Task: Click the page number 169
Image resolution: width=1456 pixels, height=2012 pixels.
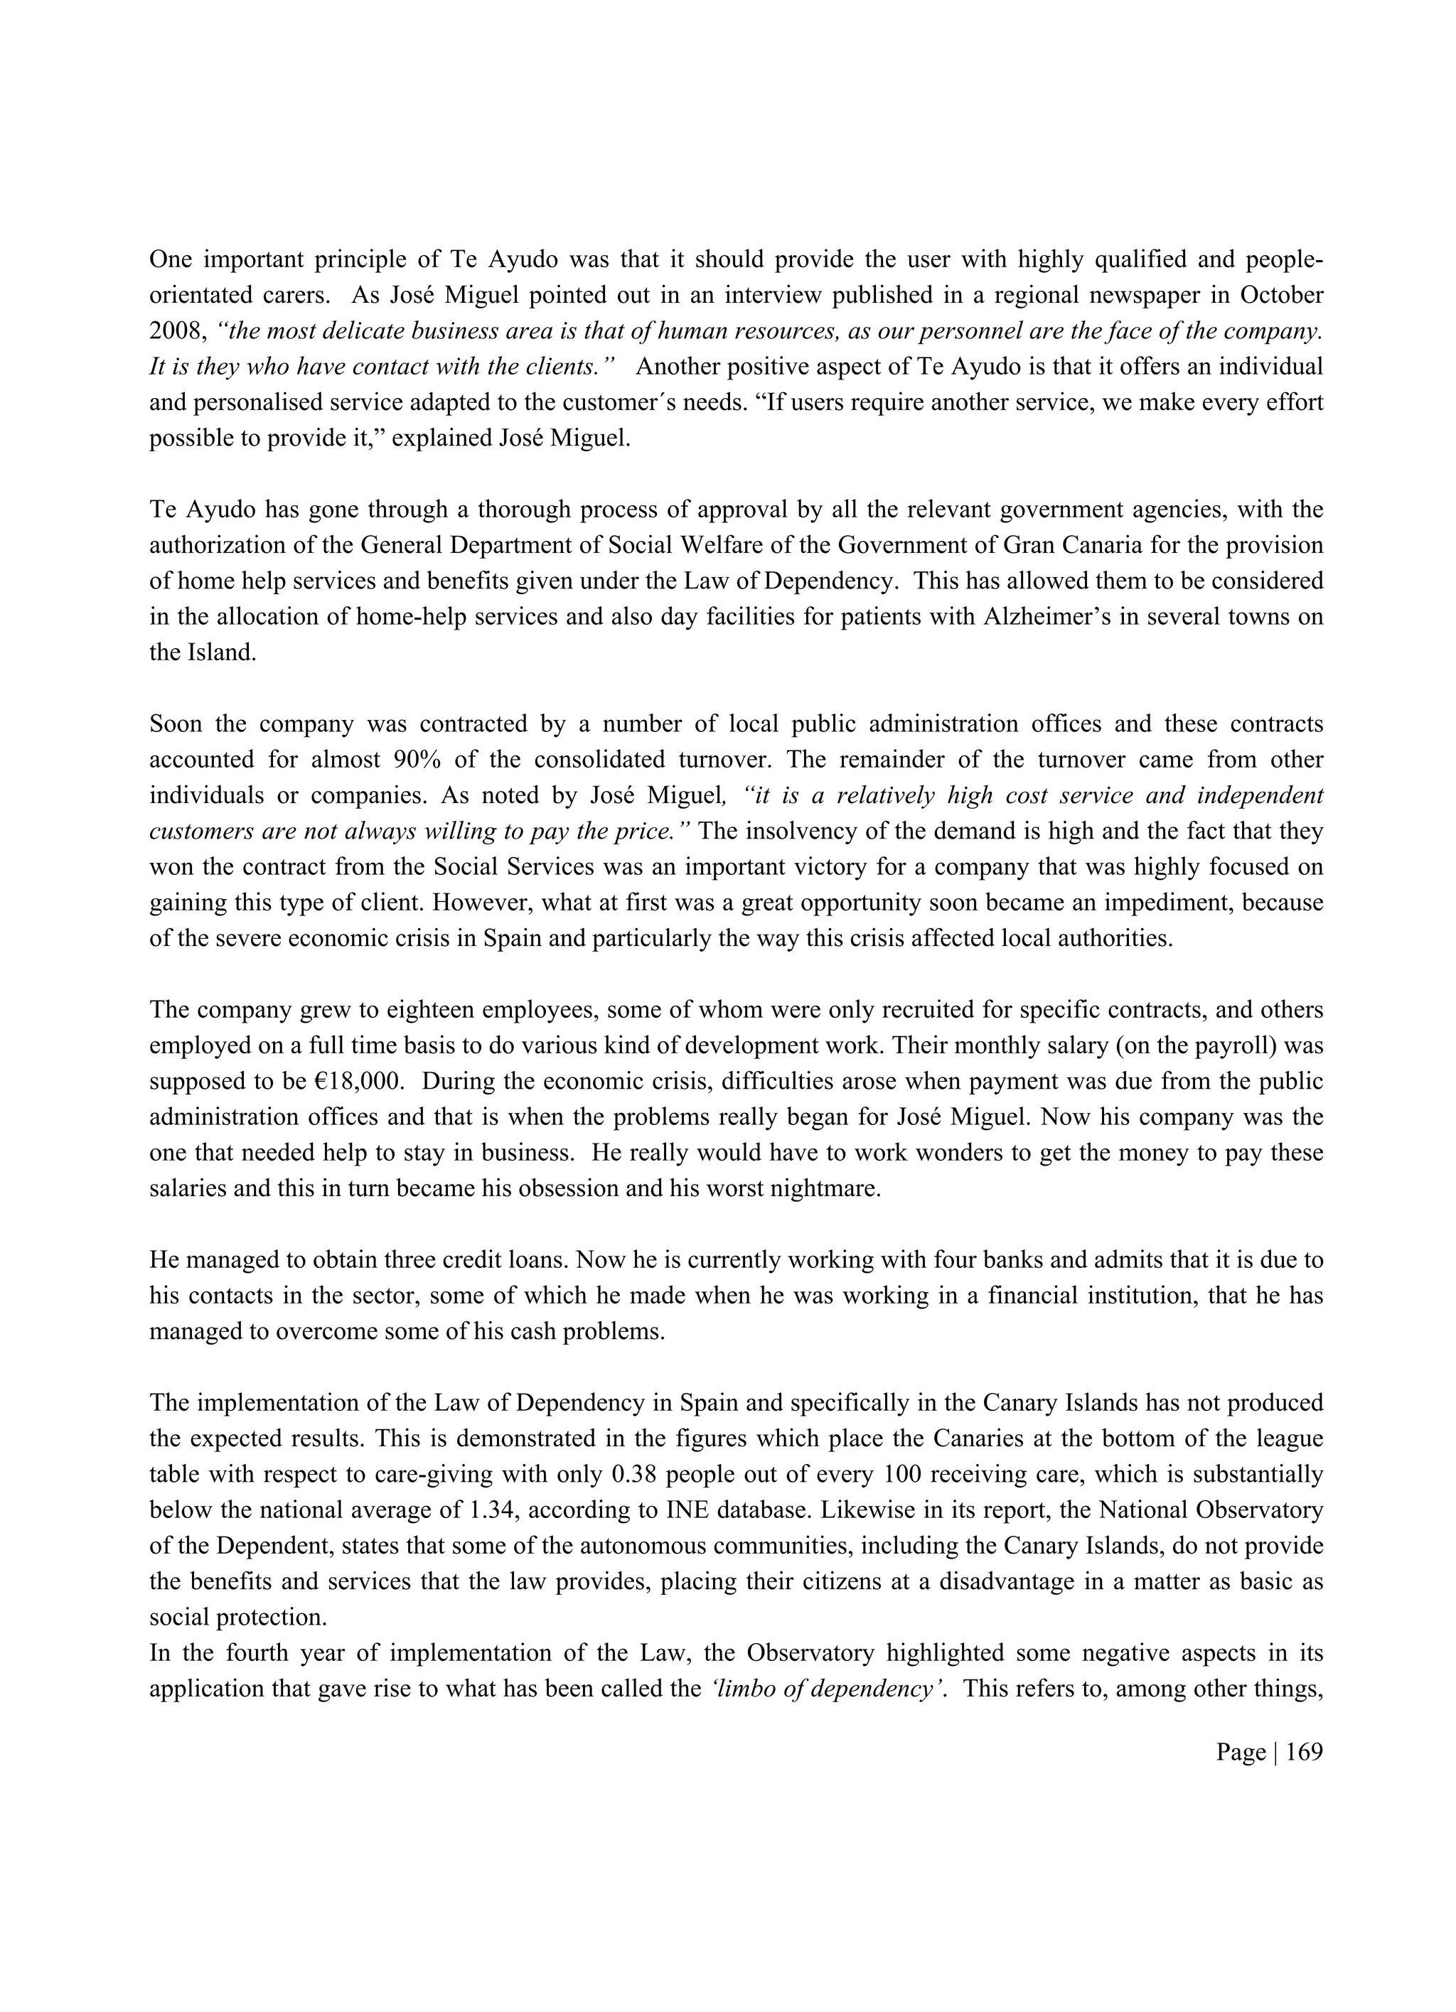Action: click(1303, 1752)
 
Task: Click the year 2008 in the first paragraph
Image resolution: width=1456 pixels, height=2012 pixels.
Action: click(176, 331)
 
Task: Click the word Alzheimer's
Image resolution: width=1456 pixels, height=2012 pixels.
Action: click(1045, 617)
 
